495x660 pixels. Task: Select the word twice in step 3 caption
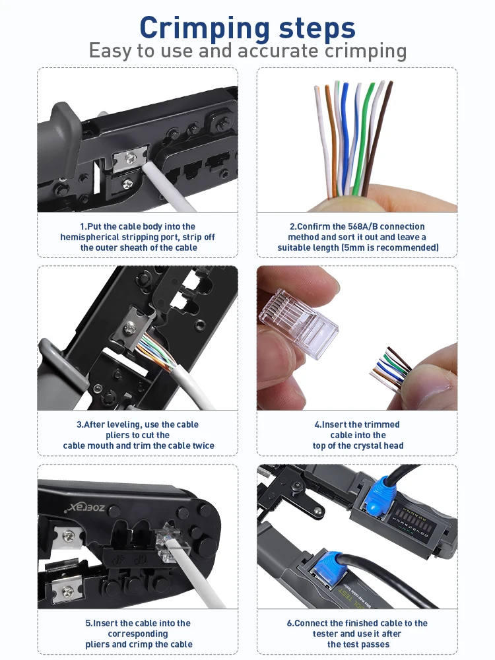(x=203, y=445)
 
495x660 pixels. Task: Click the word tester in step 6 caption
(x=325, y=634)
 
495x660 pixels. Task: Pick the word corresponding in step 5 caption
(x=138, y=634)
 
